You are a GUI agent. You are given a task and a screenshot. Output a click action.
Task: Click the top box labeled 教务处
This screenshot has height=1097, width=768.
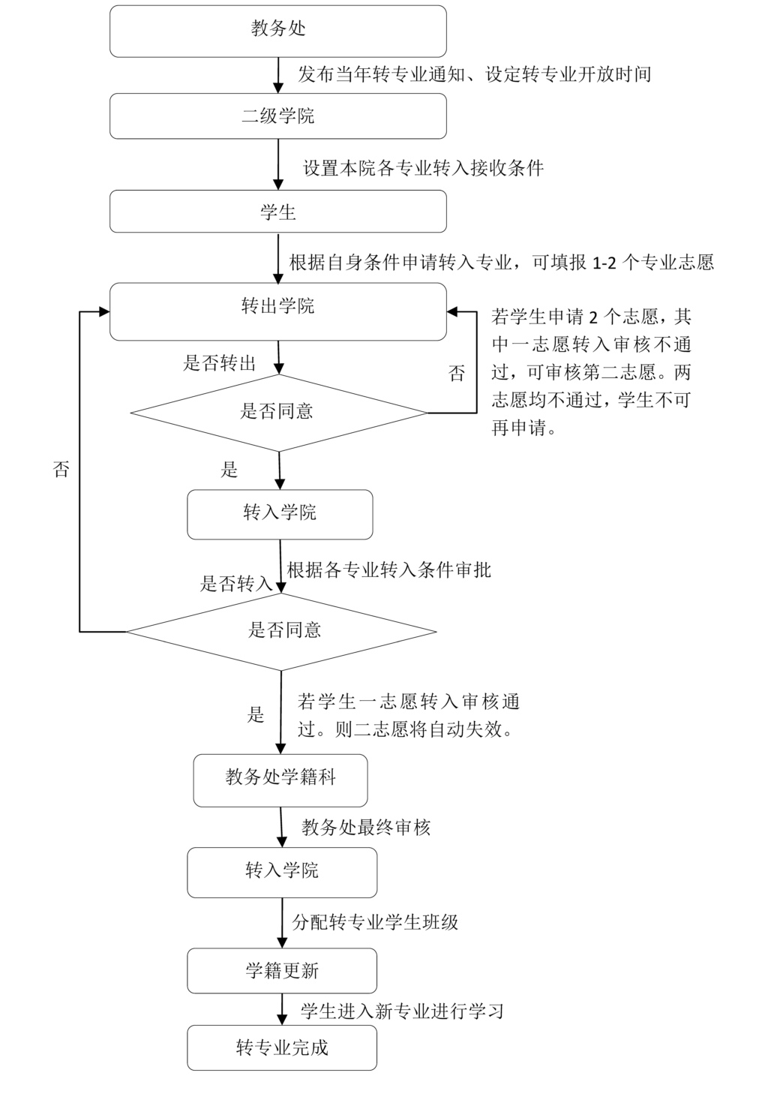(278, 31)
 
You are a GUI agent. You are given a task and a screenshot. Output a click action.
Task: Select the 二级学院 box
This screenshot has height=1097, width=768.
(278, 116)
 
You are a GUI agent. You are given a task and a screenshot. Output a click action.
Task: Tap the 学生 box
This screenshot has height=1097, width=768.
(278, 212)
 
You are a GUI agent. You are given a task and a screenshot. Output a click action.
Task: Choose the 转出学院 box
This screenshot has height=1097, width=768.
(278, 311)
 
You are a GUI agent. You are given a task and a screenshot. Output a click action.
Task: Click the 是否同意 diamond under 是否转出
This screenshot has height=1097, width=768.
(278, 412)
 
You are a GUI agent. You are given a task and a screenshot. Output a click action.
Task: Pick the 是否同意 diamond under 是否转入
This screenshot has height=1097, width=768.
(281, 631)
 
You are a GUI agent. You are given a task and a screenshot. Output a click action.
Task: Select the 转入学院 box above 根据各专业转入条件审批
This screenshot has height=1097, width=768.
(280, 514)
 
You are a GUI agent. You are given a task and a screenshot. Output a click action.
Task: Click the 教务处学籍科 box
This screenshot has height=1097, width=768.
(280, 780)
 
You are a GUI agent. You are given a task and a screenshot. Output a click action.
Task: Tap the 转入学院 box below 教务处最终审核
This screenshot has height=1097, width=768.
(282, 872)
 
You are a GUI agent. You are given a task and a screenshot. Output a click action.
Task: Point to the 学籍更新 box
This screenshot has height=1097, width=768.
(282, 971)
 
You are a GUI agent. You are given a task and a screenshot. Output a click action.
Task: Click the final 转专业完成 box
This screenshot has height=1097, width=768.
(282, 1047)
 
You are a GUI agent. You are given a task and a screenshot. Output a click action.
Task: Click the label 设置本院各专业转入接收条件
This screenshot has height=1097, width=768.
(423, 168)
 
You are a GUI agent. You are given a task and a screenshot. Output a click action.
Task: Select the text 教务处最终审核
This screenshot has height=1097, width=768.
(366, 828)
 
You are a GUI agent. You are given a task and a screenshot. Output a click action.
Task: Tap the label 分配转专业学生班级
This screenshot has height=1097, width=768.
(375, 922)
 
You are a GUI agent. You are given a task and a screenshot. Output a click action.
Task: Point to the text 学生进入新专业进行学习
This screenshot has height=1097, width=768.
(402, 1011)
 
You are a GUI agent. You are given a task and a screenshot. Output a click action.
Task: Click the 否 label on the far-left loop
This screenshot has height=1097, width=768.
(61, 470)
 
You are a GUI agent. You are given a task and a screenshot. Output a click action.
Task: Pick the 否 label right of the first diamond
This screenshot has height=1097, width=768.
(456, 373)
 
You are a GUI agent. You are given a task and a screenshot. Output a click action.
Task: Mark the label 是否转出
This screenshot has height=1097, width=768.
(220, 364)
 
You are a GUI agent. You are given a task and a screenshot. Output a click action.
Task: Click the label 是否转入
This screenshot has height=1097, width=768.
(236, 584)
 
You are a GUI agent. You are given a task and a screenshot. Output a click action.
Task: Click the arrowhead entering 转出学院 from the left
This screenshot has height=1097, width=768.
(103, 311)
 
